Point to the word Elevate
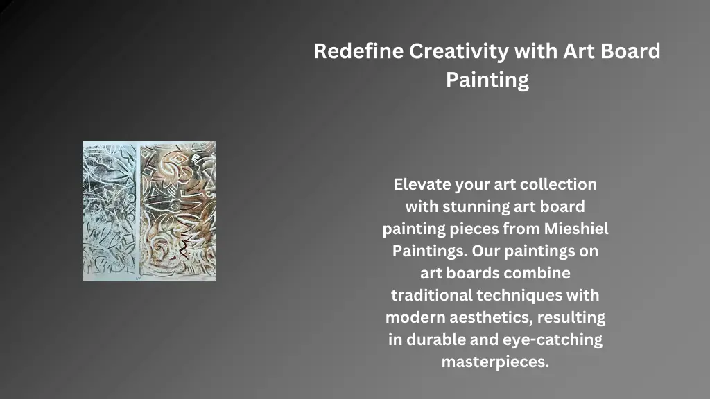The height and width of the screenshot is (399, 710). pos(422,184)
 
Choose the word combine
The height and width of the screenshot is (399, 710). pos(539,273)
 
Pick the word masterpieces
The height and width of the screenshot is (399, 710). pos(495,362)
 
